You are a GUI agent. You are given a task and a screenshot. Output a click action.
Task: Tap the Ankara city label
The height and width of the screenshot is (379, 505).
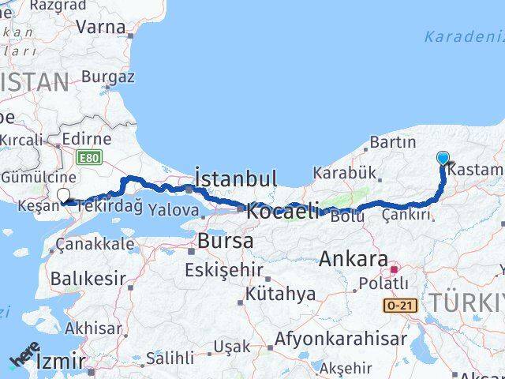pyautogui.click(x=355, y=259)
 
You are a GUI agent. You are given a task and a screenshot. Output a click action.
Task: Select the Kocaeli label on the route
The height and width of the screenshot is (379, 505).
pyautogui.click(x=283, y=211)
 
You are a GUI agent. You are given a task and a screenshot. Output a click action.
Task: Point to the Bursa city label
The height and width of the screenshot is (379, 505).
pyautogui.click(x=226, y=240)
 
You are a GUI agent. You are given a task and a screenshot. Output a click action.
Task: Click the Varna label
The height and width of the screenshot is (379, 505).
pyautogui.click(x=100, y=27)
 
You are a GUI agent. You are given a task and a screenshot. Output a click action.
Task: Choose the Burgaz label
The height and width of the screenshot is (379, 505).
pyautogui.click(x=108, y=77)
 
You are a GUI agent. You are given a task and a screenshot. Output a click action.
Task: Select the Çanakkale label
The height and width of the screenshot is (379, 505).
pyautogui.click(x=95, y=244)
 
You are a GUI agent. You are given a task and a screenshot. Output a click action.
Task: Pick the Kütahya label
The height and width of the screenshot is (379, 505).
pyautogui.click(x=280, y=294)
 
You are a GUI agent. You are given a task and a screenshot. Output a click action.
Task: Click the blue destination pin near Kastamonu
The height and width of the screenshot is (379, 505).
pyautogui.click(x=443, y=158)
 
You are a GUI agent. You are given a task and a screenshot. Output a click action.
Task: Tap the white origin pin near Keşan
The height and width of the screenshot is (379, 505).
pyautogui.click(x=63, y=194)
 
